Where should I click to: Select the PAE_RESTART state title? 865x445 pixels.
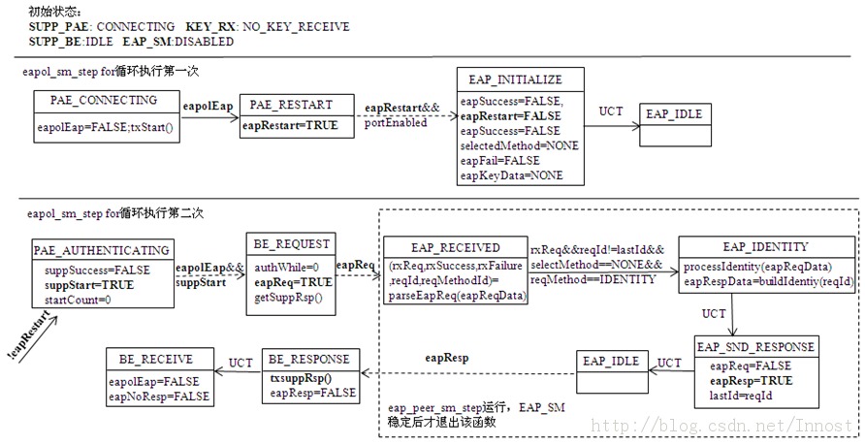click(x=290, y=105)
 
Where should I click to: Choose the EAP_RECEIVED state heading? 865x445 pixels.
click(x=455, y=248)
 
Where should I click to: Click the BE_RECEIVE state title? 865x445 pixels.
click(x=156, y=360)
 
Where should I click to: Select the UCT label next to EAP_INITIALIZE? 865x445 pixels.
click(x=611, y=111)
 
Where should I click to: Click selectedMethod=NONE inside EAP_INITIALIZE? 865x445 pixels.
click(x=519, y=145)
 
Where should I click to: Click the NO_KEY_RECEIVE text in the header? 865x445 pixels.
click(x=302, y=27)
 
